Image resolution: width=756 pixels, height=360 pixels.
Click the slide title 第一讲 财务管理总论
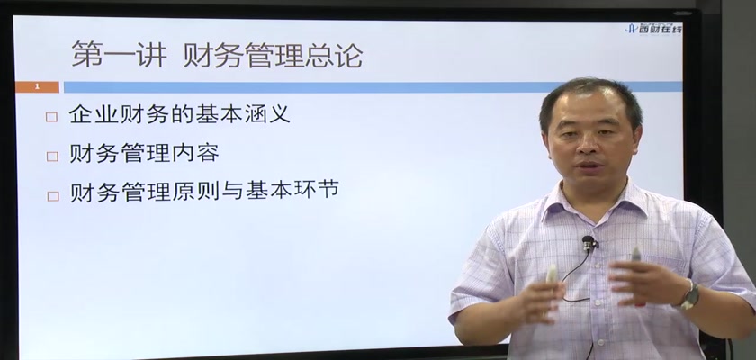click(217, 55)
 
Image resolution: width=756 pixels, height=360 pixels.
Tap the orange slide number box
click(37, 87)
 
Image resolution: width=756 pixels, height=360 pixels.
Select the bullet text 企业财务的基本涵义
click(180, 114)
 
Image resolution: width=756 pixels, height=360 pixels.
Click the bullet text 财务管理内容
click(144, 153)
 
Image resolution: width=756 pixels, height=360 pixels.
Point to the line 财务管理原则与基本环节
click(204, 191)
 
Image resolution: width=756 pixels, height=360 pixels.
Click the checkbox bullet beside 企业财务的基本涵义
click(51, 117)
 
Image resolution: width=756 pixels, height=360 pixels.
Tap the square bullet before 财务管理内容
click(52, 156)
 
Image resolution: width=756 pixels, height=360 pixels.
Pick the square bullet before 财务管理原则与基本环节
click(52, 195)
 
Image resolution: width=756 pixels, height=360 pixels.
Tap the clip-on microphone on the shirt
click(588, 242)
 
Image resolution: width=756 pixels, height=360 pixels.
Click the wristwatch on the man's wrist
click(689, 295)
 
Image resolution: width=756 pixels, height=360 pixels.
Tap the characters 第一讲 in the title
click(119, 55)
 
